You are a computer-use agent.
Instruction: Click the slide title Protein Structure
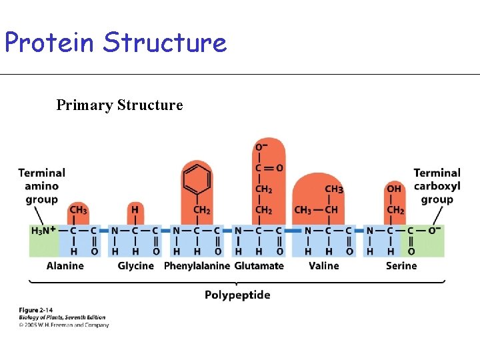[x=115, y=43]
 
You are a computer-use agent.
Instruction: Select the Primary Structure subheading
[x=119, y=105]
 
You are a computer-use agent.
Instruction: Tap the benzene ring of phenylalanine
[x=197, y=179]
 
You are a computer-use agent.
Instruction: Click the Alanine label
[x=65, y=266]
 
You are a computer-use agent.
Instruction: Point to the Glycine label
[x=135, y=266]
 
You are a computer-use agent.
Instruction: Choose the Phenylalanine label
[x=197, y=266]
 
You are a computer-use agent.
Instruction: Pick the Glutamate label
[x=259, y=266]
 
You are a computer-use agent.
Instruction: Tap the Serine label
[x=401, y=266]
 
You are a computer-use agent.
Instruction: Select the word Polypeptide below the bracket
[x=237, y=295]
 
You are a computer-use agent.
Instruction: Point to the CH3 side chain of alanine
[x=78, y=210]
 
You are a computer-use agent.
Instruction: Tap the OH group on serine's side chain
[x=395, y=189]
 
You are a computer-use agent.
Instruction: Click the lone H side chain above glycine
[x=135, y=210]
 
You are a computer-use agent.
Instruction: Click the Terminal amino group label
[x=41, y=186]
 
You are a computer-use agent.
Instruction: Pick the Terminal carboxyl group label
[x=437, y=186]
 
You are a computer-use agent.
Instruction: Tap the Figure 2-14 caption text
[x=37, y=311]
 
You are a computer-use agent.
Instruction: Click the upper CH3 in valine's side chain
[x=334, y=189]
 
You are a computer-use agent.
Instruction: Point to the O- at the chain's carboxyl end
[x=435, y=231]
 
